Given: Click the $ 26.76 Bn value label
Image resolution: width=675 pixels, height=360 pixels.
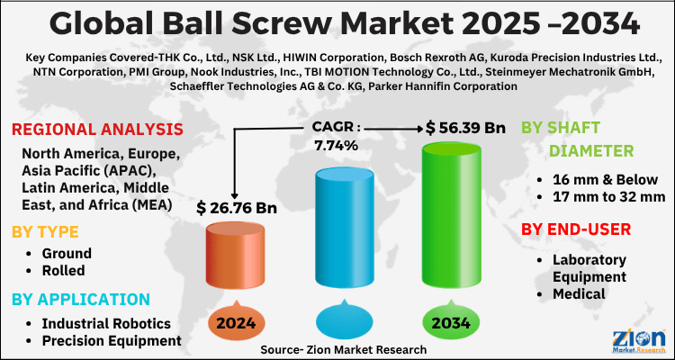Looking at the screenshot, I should [236, 209].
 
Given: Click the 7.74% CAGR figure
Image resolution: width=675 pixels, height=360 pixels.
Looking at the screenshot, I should [337, 145].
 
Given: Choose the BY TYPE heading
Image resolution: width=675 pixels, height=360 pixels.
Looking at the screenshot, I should [45, 232].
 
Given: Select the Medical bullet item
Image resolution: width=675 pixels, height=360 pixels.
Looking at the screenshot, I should [579, 292].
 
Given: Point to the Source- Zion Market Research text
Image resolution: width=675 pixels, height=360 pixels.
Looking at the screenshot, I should [343, 347].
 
